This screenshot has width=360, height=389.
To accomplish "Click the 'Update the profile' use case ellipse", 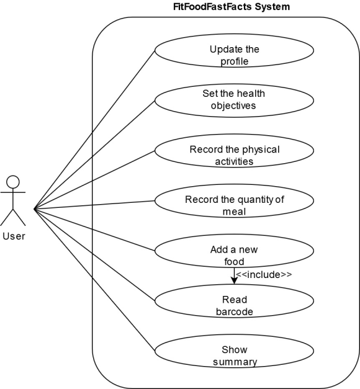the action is point(234,50).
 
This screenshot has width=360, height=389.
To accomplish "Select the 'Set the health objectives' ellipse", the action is point(234,101).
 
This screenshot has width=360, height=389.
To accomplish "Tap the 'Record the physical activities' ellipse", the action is point(234,151).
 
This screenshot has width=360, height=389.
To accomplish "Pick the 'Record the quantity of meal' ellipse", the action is point(234,200).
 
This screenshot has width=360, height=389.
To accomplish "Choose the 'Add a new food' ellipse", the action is point(234,251).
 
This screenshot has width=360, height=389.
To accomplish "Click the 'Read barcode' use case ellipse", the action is point(234,301).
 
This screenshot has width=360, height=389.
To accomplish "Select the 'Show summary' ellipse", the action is point(234,351).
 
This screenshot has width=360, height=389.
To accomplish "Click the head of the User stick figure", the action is point(13,182).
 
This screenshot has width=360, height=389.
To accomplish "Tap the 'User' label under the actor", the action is point(14,236).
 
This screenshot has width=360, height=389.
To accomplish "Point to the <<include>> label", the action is point(264,275).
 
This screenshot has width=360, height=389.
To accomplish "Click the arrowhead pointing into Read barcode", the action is point(234,281).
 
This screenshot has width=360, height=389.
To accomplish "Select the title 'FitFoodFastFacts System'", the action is point(232,7).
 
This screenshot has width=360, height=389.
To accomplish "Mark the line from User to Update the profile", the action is point(94,130).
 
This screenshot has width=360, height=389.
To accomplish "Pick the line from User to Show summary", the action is point(94,280).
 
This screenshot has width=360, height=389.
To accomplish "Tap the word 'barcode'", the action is point(235,312).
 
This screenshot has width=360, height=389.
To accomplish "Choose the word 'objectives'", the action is point(233,106).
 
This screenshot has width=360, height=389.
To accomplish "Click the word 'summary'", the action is point(235,362).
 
